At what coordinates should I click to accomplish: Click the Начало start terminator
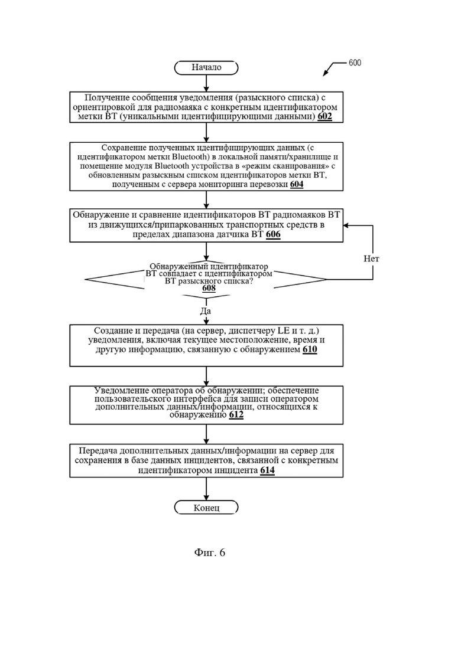(x=206, y=68)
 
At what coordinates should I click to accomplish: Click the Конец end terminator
(x=206, y=508)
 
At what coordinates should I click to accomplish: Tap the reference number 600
(x=355, y=63)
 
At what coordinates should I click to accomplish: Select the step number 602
(x=324, y=116)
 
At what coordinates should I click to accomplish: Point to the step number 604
(x=296, y=184)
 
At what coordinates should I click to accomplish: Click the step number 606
(x=273, y=234)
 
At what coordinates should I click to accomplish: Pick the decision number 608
(x=209, y=287)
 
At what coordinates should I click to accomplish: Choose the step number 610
(x=310, y=349)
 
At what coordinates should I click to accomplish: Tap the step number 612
(x=236, y=414)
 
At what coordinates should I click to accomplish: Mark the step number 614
(x=267, y=470)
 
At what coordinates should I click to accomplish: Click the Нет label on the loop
(x=371, y=259)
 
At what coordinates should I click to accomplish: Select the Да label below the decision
(x=206, y=311)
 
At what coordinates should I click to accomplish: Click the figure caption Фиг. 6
(x=209, y=552)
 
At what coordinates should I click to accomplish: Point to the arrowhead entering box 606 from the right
(x=346, y=225)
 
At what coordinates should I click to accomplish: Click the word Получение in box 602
(x=104, y=97)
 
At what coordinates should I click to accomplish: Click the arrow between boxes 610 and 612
(x=206, y=376)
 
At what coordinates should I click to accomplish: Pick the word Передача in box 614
(x=98, y=450)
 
